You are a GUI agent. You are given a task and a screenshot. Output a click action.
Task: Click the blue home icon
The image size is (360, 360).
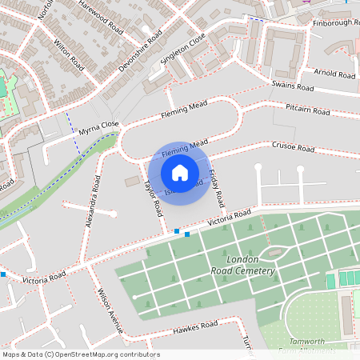point(180,173)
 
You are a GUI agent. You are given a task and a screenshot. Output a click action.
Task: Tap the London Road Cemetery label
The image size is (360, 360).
point(251,266)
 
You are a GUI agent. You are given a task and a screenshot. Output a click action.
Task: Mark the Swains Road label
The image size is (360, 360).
point(290,84)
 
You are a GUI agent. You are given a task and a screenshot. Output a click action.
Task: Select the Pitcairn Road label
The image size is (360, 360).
point(308,110)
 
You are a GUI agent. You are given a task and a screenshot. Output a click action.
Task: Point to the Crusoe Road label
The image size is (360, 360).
point(294,148)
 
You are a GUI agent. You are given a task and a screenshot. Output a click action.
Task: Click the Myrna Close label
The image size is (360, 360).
point(98,127)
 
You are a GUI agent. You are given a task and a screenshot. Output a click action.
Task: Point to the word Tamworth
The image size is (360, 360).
point(307,342)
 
